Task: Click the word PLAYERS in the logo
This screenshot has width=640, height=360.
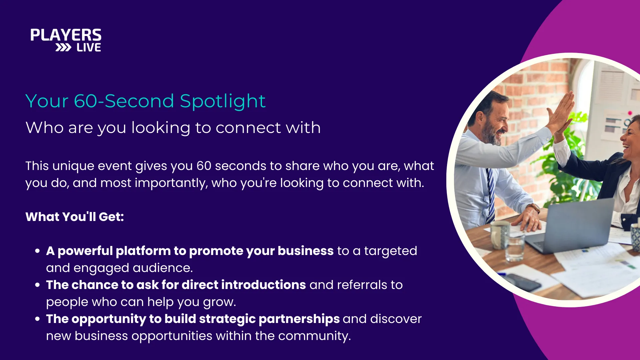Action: point(66,35)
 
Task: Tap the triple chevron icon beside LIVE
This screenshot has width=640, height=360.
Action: point(63,48)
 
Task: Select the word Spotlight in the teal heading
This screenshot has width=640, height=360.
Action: point(223,101)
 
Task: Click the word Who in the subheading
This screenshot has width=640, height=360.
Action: point(45,127)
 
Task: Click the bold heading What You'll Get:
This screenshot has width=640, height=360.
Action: point(75,217)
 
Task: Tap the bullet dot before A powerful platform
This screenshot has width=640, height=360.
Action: point(38,251)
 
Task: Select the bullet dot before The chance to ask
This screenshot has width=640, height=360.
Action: point(38,285)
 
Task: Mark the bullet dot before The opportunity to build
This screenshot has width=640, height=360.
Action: point(38,319)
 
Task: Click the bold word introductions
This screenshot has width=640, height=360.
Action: point(263,285)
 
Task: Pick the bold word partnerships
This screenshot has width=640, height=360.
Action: point(299,319)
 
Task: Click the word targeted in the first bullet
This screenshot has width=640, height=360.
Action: point(390,251)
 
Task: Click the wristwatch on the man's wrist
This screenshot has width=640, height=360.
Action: point(534,208)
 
